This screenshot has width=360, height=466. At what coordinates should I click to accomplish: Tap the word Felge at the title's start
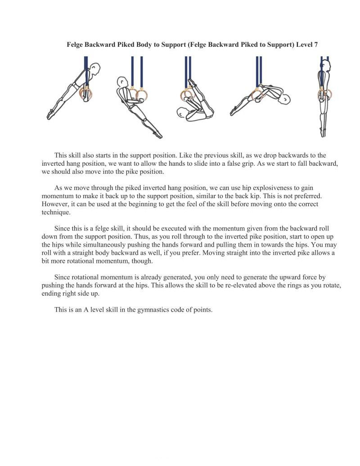(76, 45)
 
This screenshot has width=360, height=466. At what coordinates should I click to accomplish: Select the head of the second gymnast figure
(122, 83)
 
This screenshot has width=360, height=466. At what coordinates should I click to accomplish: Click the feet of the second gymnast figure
(158, 135)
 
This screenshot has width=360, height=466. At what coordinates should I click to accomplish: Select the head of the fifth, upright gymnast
(325, 66)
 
